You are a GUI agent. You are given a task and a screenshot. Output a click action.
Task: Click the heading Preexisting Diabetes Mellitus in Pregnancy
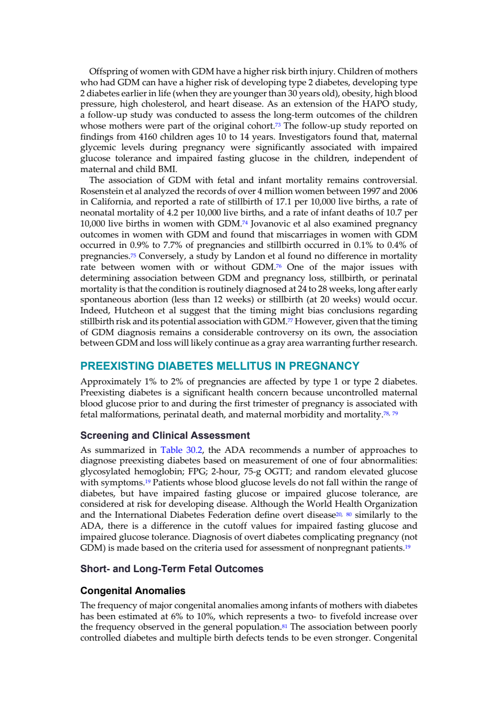click(219, 366)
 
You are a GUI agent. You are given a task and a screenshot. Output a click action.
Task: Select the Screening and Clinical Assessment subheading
click(165, 435)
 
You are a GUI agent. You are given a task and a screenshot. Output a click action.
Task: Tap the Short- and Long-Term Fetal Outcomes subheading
click(172, 568)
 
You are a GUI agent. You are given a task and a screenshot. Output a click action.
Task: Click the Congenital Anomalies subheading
click(133, 590)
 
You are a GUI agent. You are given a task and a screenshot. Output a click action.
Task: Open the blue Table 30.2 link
click(181, 450)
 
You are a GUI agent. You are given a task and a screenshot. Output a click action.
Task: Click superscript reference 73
click(277, 124)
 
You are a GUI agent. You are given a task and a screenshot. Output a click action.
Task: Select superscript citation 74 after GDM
click(245, 222)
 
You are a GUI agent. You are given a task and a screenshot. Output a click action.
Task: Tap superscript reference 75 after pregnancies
click(133, 255)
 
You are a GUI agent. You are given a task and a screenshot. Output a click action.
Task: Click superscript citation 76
click(279, 266)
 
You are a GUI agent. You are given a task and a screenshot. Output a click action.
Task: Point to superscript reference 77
click(290, 320)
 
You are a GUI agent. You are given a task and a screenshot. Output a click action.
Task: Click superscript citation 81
click(284, 626)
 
